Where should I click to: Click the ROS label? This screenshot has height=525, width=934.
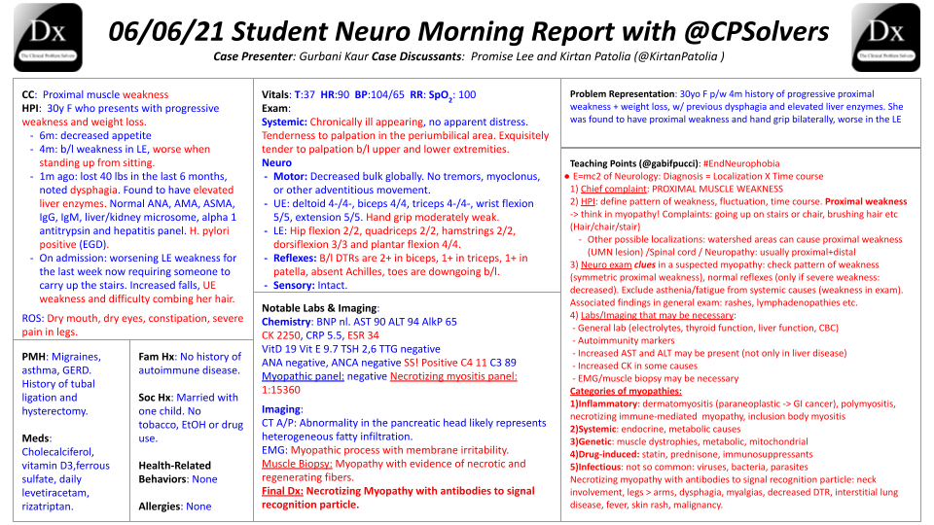(x=32, y=318)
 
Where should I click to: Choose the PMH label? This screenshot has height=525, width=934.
(x=35, y=357)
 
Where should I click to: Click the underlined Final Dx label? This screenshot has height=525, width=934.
(x=282, y=491)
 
